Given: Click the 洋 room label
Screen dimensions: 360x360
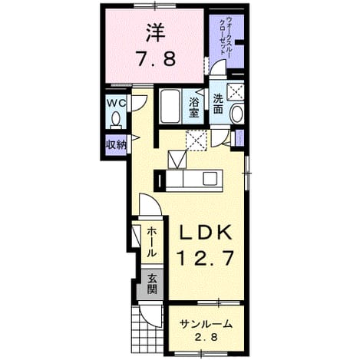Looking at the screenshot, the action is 155,33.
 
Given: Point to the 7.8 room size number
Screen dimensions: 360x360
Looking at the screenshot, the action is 156,58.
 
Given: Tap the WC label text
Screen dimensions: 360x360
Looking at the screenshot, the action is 116,104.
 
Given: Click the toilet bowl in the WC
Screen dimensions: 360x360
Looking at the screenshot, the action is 116,120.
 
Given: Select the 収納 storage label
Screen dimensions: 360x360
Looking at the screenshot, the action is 116,145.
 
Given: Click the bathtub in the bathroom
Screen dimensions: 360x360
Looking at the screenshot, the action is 170,106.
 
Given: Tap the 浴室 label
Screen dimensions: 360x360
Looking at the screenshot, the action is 193,107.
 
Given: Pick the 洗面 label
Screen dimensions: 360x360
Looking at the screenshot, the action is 218,104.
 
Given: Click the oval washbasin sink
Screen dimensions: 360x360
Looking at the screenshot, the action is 236,114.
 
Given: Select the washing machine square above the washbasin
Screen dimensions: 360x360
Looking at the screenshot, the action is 236,91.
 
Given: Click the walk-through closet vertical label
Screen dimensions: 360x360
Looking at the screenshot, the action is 226,36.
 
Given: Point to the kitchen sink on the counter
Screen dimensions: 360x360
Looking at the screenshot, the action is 210,178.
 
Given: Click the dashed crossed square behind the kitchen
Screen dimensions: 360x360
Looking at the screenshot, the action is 196,140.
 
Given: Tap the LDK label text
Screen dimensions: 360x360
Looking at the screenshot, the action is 206,233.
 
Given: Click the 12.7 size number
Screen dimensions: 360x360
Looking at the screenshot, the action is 206,258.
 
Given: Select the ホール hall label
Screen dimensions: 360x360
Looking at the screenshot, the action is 151,242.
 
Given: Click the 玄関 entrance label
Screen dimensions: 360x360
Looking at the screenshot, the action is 152,284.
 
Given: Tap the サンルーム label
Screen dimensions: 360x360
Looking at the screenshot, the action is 206,325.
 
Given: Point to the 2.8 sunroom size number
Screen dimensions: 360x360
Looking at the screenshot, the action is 206,338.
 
